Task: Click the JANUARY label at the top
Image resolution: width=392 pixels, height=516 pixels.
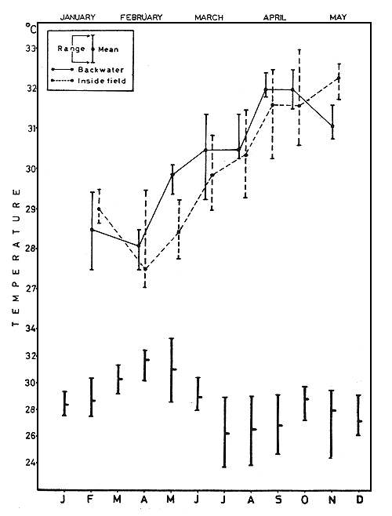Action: [78, 16]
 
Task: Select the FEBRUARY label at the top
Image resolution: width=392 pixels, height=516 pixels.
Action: [141, 16]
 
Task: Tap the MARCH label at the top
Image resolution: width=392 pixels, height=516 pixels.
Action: [208, 16]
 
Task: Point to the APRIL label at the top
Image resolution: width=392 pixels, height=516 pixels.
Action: [274, 16]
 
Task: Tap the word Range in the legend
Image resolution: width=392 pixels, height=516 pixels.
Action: [70, 49]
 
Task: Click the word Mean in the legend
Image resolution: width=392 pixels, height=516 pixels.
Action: [108, 49]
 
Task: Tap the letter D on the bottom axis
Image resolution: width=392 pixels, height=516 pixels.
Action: [359, 500]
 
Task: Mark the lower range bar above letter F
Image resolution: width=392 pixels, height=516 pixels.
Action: [91, 397]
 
